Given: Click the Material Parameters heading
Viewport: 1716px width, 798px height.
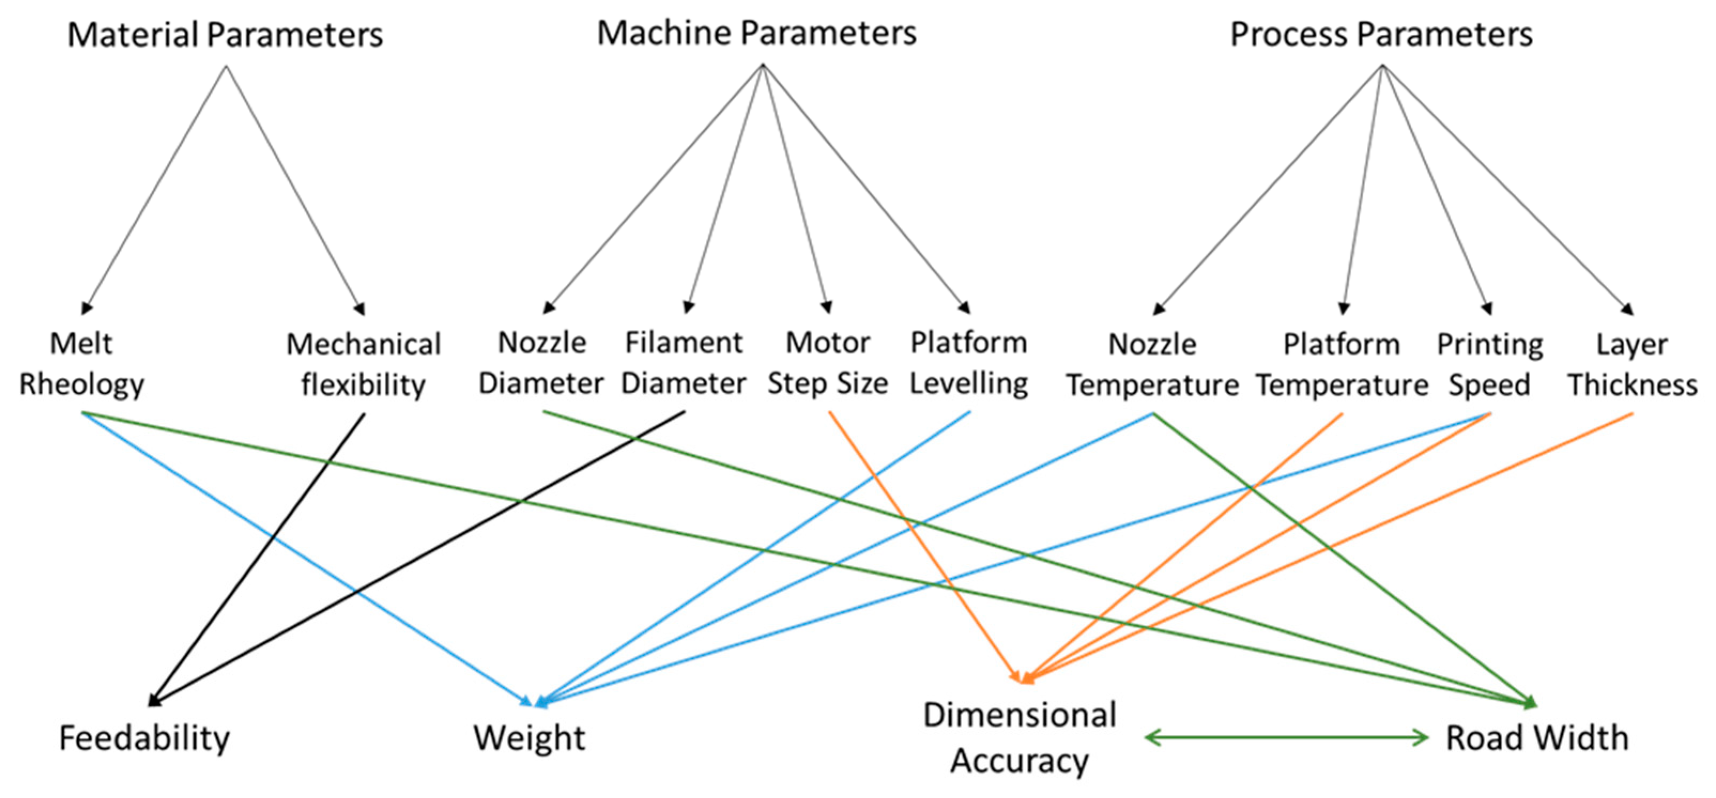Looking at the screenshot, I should tap(225, 35).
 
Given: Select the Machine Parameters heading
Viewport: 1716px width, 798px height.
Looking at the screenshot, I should tap(756, 33).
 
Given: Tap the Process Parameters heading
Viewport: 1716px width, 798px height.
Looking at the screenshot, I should tap(1381, 35).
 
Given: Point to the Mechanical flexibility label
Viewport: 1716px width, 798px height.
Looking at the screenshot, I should tap(363, 365).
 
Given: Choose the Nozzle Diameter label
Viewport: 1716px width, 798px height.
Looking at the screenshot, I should tap(541, 363).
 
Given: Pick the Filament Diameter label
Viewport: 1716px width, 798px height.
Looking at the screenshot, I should tap(683, 363).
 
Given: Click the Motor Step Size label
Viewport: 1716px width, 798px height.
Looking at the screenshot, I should tap(827, 363).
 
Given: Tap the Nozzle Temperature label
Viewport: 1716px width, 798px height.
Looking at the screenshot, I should tap(1152, 365).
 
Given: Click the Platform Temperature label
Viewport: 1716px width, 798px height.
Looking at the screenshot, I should tap(1342, 365).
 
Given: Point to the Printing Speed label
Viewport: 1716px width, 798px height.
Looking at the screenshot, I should tap(1489, 365).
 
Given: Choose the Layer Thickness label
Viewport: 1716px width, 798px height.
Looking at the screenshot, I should tap(1632, 365).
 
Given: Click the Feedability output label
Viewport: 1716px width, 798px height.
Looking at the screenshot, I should tap(144, 738).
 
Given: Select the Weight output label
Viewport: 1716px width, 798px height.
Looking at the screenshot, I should tap(529, 738).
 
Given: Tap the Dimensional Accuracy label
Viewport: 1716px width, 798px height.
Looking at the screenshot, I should tap(1019, 738).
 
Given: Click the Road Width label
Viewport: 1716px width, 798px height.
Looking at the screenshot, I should tap(1537, 738).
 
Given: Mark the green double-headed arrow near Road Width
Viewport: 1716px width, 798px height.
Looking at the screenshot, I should tap(1286, 738).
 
